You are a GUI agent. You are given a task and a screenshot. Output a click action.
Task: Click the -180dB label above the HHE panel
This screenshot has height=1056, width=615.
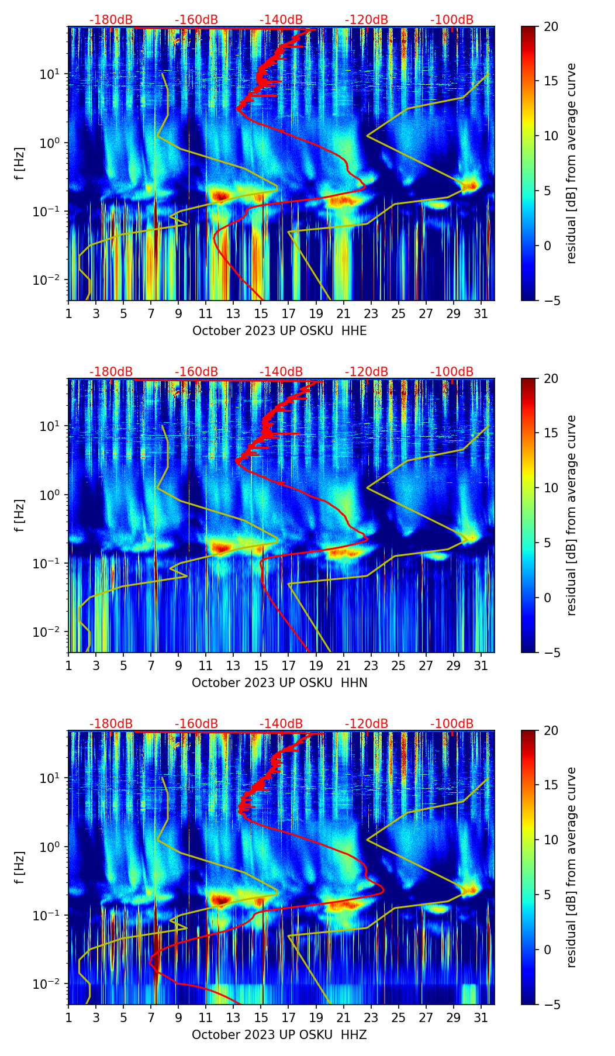tap(111, 20)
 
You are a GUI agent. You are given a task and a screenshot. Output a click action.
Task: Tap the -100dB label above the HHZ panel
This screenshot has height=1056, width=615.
tap(452, 724)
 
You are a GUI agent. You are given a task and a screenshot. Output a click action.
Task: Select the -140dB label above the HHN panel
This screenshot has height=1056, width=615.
tap(281, 372)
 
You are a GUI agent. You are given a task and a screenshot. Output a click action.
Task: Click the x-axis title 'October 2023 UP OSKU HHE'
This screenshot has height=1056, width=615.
tap(279, 331)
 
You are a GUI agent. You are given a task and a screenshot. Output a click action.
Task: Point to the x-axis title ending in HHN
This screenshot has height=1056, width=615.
tap(279, 683)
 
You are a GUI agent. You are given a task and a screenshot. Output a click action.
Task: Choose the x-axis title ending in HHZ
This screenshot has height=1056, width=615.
tap(279, 1035)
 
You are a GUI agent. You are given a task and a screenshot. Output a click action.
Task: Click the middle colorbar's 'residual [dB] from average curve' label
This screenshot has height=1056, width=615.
tap(571, 515)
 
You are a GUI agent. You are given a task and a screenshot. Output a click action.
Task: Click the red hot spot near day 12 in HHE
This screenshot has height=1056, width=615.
tap(220, 195)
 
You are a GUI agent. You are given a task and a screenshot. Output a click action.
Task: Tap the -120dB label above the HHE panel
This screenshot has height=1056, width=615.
tap(367, 20)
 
